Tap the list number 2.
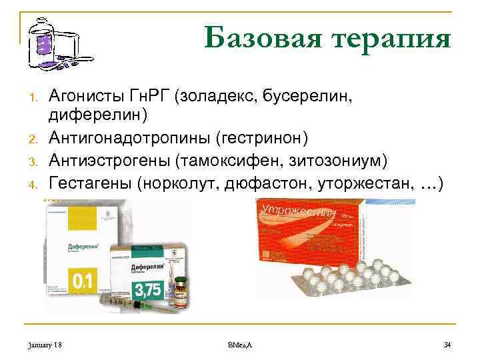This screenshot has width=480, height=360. point(31,139)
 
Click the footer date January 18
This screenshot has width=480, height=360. point(46,344)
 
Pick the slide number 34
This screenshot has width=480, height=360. point(447,344)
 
